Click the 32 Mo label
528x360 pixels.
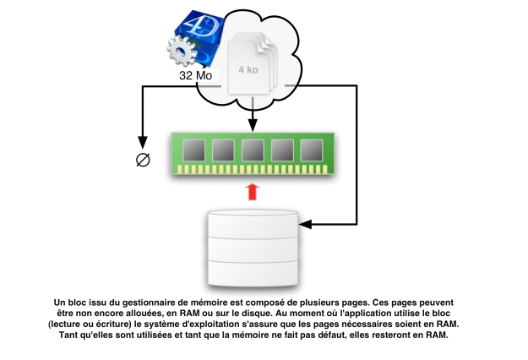[195, 75]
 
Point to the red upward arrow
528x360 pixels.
[251, 192]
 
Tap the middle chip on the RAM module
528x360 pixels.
[251, 150]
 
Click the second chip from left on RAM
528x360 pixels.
[222, 150]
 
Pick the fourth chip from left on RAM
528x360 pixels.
[280, 150]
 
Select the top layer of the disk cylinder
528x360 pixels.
[251, 224]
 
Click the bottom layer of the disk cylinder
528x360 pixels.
[251, 272]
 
